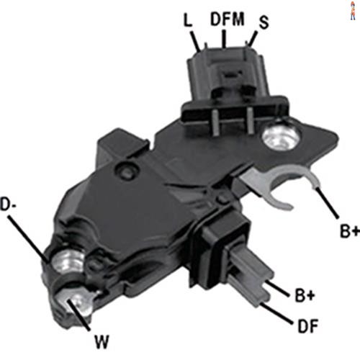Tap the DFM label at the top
click(227, 19)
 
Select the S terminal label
click(264, 22)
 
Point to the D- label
click(8, 204)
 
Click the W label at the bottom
click(102, 341)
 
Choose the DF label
click(307, 325)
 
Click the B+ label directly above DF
click(305, 295)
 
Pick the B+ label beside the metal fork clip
click(350, 231)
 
